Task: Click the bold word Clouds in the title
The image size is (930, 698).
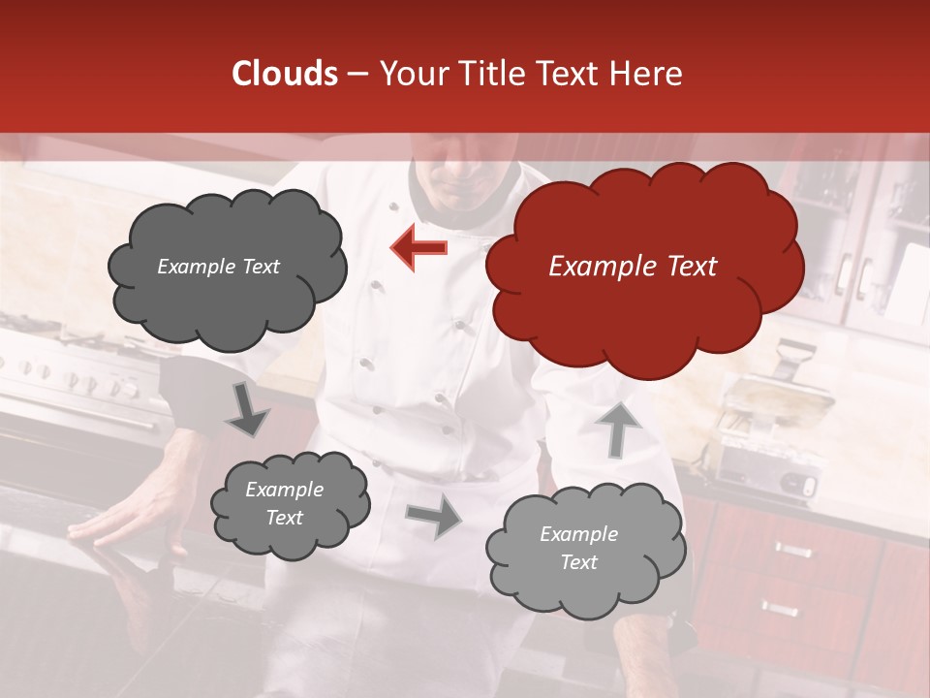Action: click(x=285, y=74)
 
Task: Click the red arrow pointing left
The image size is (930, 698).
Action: click(x=419, y=248)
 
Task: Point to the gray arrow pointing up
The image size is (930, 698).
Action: click(x=617, y=428)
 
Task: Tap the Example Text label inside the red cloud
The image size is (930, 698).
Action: click(x=633, y=267)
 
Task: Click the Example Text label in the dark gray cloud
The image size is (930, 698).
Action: click(x=218, y=267)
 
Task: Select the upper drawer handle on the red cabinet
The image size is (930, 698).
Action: click(x=791, y=551)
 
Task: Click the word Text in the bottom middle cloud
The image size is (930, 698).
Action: click(x=284, y=518)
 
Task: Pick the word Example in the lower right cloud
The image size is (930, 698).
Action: click(x=578, y=534)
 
